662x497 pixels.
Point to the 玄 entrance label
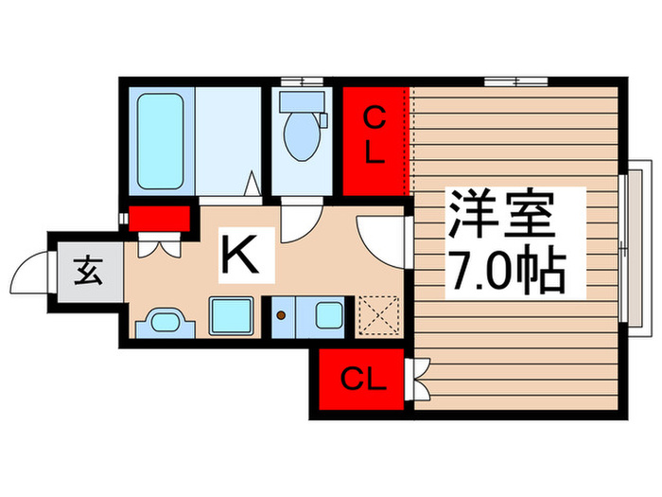tap(88, 273)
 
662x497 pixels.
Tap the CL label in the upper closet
tap(375, 134)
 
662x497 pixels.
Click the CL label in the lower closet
tap(363, 382)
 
